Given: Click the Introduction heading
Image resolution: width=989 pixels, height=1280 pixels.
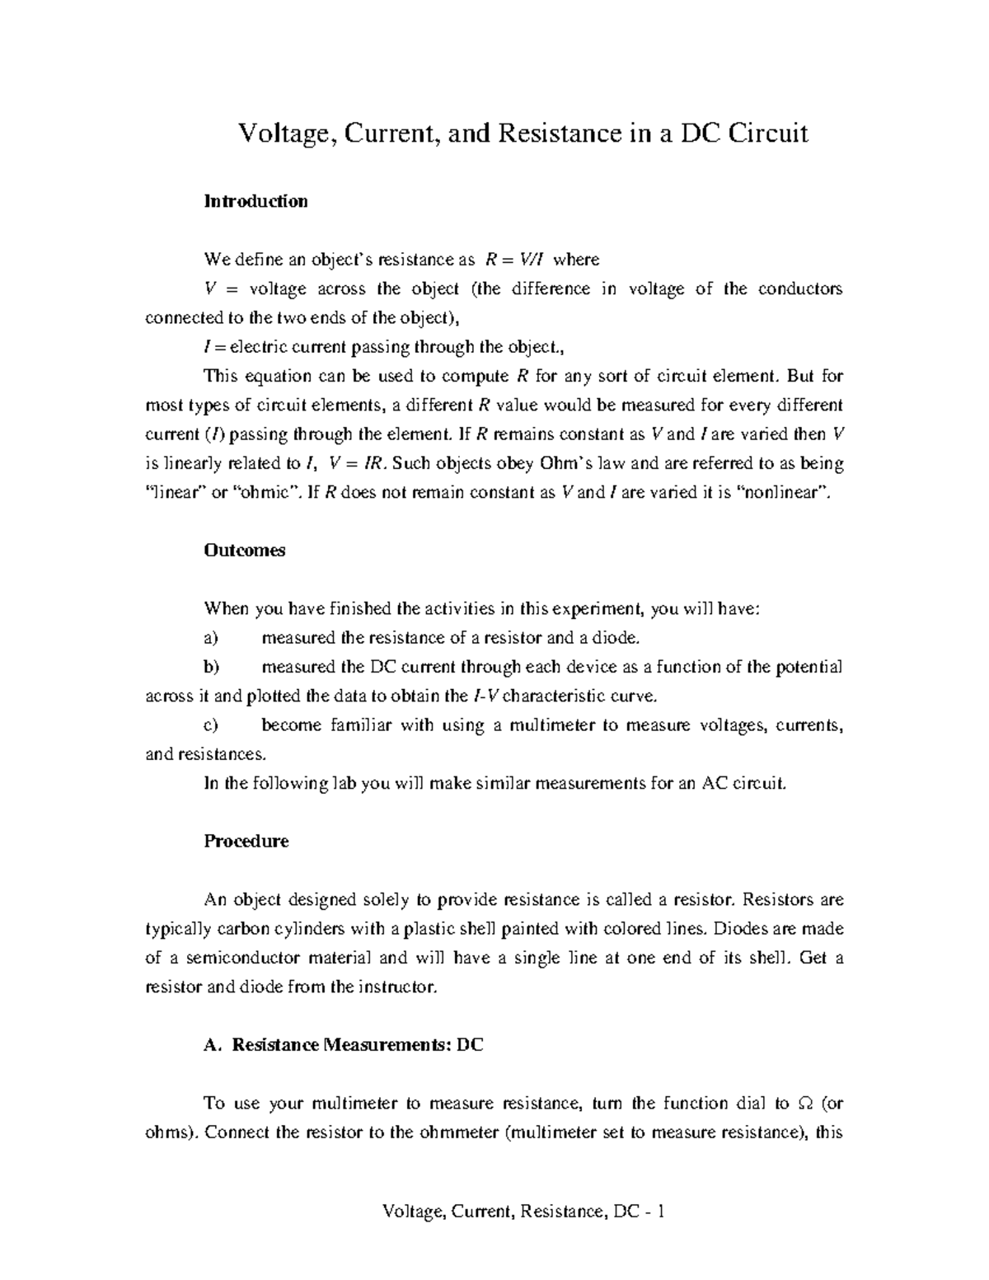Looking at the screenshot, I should [255, 201].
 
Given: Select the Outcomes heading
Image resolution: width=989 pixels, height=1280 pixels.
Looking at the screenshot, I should [244, 551].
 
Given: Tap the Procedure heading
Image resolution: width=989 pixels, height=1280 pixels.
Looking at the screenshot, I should [246, 842].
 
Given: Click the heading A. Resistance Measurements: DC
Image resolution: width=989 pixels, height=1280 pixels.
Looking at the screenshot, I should [343, 1045].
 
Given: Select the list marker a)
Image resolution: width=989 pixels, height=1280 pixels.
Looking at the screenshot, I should [211, 638].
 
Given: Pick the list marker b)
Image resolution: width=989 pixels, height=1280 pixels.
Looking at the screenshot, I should [212, 667].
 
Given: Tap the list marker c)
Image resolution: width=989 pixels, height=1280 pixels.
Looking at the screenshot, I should [211, 725].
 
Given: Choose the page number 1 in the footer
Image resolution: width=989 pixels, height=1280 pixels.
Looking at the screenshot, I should [661, 1212].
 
